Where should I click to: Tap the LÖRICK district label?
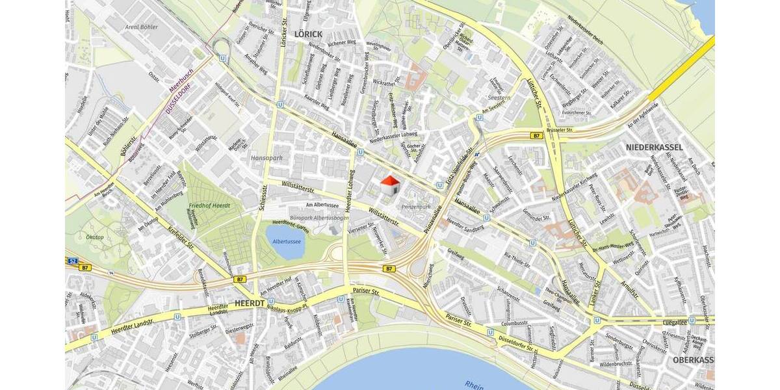point(308,33)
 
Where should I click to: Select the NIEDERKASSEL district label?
point(654,148)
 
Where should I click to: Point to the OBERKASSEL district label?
point(693,359)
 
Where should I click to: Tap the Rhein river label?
point(474,384)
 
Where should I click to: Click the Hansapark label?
point(264,158)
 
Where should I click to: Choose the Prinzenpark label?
point(417,207)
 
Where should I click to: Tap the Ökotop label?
point(95,237)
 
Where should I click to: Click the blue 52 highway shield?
point(71,260)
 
